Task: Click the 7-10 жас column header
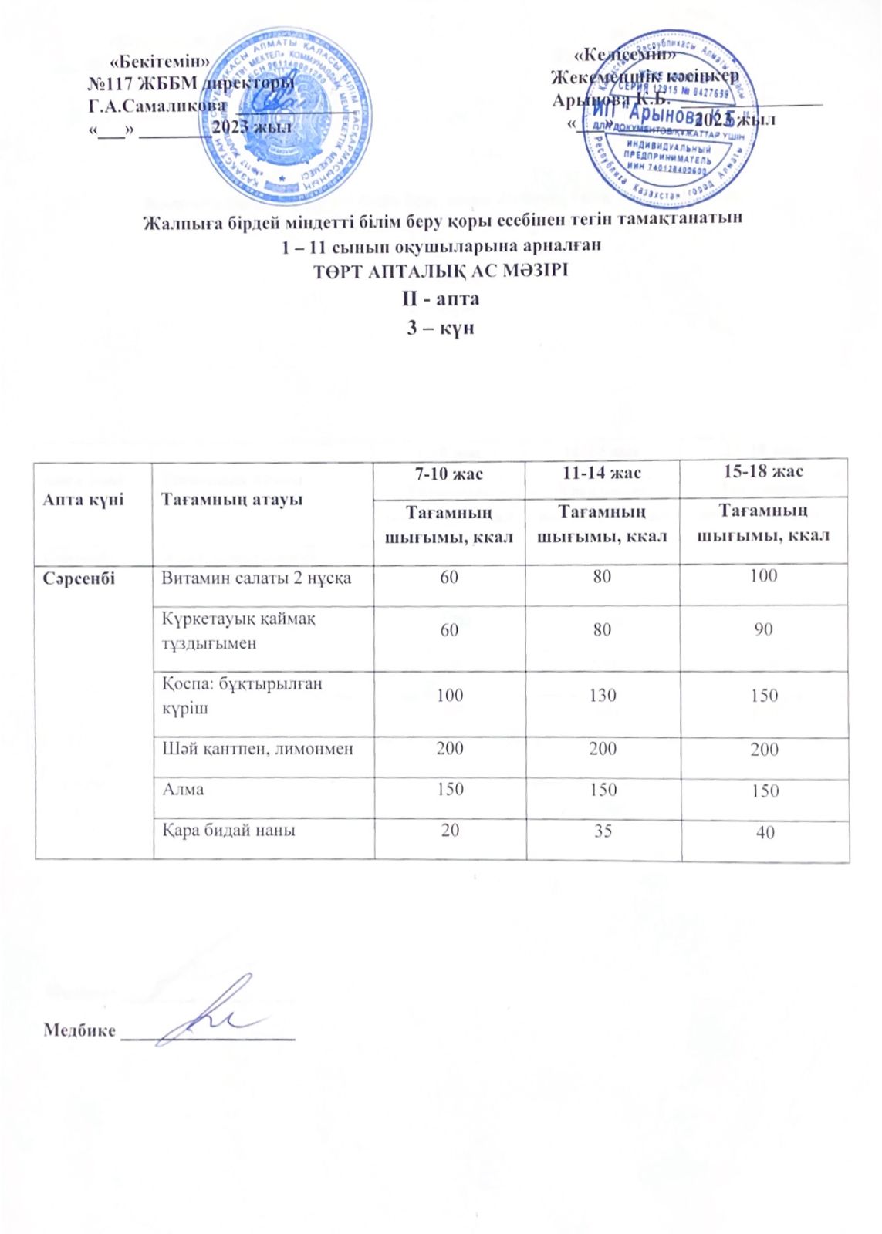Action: [450, 473]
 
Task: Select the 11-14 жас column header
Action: [602, 472]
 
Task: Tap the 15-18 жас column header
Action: [764, 470]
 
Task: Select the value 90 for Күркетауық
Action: [764, 629]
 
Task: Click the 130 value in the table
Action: [603, 695]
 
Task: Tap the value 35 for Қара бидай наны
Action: [603, 831]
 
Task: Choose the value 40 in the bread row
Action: [765, 832]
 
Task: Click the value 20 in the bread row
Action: [450, 830]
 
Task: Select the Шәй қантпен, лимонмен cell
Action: [257, 748]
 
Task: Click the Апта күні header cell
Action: [83, 500]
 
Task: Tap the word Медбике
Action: [79, 1030]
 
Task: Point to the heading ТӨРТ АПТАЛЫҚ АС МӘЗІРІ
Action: [441, 271]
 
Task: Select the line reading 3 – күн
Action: [441, 327]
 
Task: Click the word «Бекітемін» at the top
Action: [161, 61]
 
